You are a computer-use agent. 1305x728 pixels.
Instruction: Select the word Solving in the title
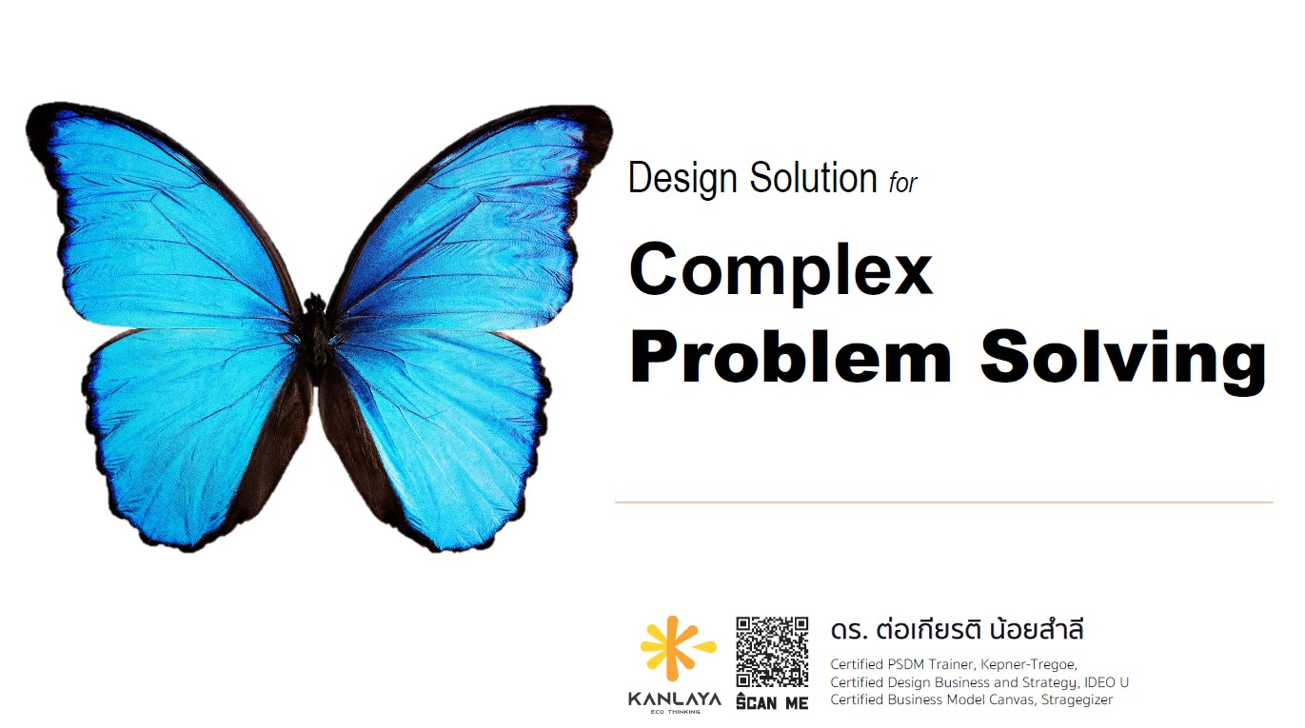tap(1124, 361)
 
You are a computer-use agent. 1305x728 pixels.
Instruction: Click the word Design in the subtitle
tap(682, 178)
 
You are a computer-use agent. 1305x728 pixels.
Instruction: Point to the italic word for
tap(903, 183)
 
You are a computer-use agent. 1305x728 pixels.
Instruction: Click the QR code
tap(772, 652)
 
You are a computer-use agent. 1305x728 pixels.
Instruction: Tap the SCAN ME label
tap(772, 701)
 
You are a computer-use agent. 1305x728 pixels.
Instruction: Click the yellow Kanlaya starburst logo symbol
tap(677, 648)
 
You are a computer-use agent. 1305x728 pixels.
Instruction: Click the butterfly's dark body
tap(315, 338)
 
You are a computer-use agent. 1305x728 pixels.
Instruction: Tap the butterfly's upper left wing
tap(168, 222)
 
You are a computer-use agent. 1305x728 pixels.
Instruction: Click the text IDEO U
tap(1106, 682)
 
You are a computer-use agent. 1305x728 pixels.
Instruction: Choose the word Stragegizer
tap(1077, 700)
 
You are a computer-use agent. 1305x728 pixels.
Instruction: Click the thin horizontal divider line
tap(944, 502)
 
